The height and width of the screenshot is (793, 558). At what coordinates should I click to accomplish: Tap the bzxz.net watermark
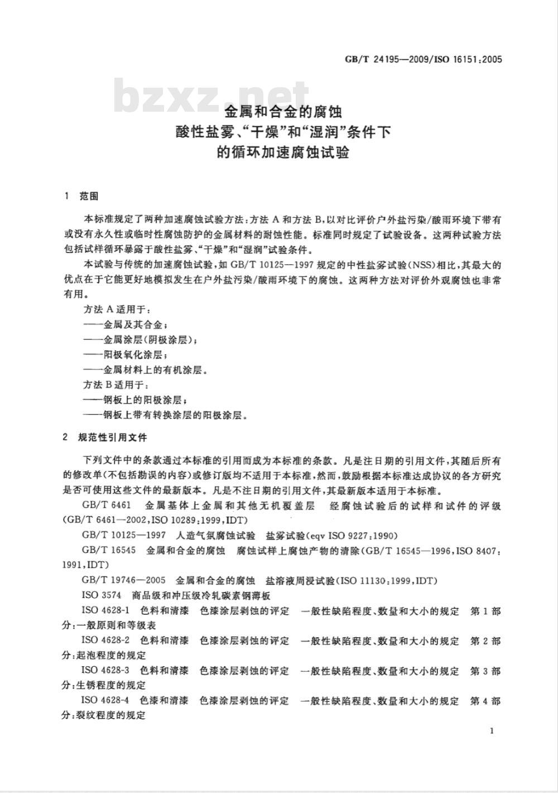213,97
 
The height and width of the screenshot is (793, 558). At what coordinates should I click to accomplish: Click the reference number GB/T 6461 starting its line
106,506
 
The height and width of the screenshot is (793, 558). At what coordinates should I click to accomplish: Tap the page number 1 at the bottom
491,731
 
